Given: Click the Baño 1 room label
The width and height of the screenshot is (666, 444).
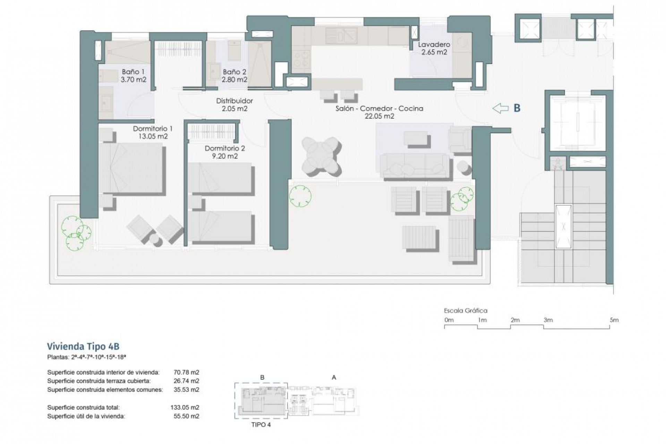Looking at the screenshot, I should pyautogui.click(x=133, y=76).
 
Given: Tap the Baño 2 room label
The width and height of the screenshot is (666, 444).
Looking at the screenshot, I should pyautogui.click(x=234, y=76).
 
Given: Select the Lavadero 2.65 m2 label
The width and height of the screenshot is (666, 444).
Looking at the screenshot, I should pyautogui.click(x=434, y=49).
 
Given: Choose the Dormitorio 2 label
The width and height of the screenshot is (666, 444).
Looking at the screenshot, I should pyautogui.click(x=225, y=152).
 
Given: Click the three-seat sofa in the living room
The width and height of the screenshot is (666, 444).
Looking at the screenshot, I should pyautogui.click(x=415, y=165).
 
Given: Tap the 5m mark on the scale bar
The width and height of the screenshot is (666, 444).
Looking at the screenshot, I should pyautogui.click(x=614, y=320).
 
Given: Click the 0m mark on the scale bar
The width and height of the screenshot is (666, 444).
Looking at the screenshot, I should pyautogui.click(x=449, y=320).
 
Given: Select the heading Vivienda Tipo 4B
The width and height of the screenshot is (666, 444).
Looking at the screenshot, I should pyautogui.click(x=83, y=346).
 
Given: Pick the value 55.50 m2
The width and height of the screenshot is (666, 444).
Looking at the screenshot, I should pyautogui.click(x=186, y=416).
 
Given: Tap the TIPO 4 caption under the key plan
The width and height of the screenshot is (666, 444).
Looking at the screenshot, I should pyautogui.click(x=261, y=425).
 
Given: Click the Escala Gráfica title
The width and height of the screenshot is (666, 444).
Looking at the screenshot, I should pyautogui.click(x=466, y=311).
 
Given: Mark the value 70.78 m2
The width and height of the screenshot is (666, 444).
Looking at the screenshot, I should pyautogui.click(x=186, y=373).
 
